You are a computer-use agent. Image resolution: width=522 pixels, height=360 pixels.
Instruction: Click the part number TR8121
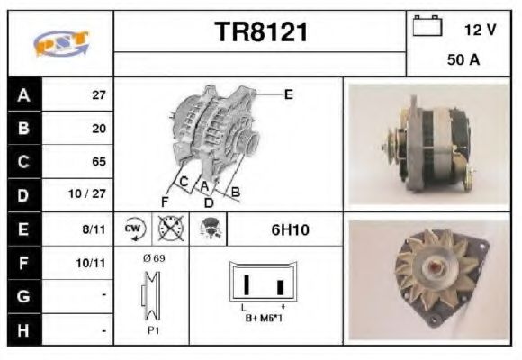[261, 33]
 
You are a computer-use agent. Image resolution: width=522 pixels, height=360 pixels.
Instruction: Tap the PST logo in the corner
[60, 43]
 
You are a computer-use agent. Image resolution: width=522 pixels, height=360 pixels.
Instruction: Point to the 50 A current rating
[462, 61]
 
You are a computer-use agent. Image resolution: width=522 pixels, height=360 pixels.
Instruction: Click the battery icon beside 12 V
[427, 28]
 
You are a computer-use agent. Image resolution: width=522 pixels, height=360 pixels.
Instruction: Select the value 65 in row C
[99, 162]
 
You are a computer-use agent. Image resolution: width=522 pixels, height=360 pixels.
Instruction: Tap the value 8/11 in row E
[96, 229]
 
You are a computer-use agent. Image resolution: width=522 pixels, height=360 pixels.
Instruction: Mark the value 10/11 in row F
[94, 264]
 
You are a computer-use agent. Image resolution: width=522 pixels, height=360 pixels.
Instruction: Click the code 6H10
[290, 230]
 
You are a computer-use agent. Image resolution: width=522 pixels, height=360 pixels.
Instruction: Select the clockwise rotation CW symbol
[134, 229]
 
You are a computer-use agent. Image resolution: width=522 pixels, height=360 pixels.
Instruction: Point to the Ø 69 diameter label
[154, 258]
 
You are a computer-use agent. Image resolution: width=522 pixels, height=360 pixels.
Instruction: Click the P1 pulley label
[155, 329]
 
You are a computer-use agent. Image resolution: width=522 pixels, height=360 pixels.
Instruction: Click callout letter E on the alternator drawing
[288, 94]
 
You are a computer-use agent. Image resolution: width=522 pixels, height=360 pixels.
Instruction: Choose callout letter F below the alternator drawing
[165, 201]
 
